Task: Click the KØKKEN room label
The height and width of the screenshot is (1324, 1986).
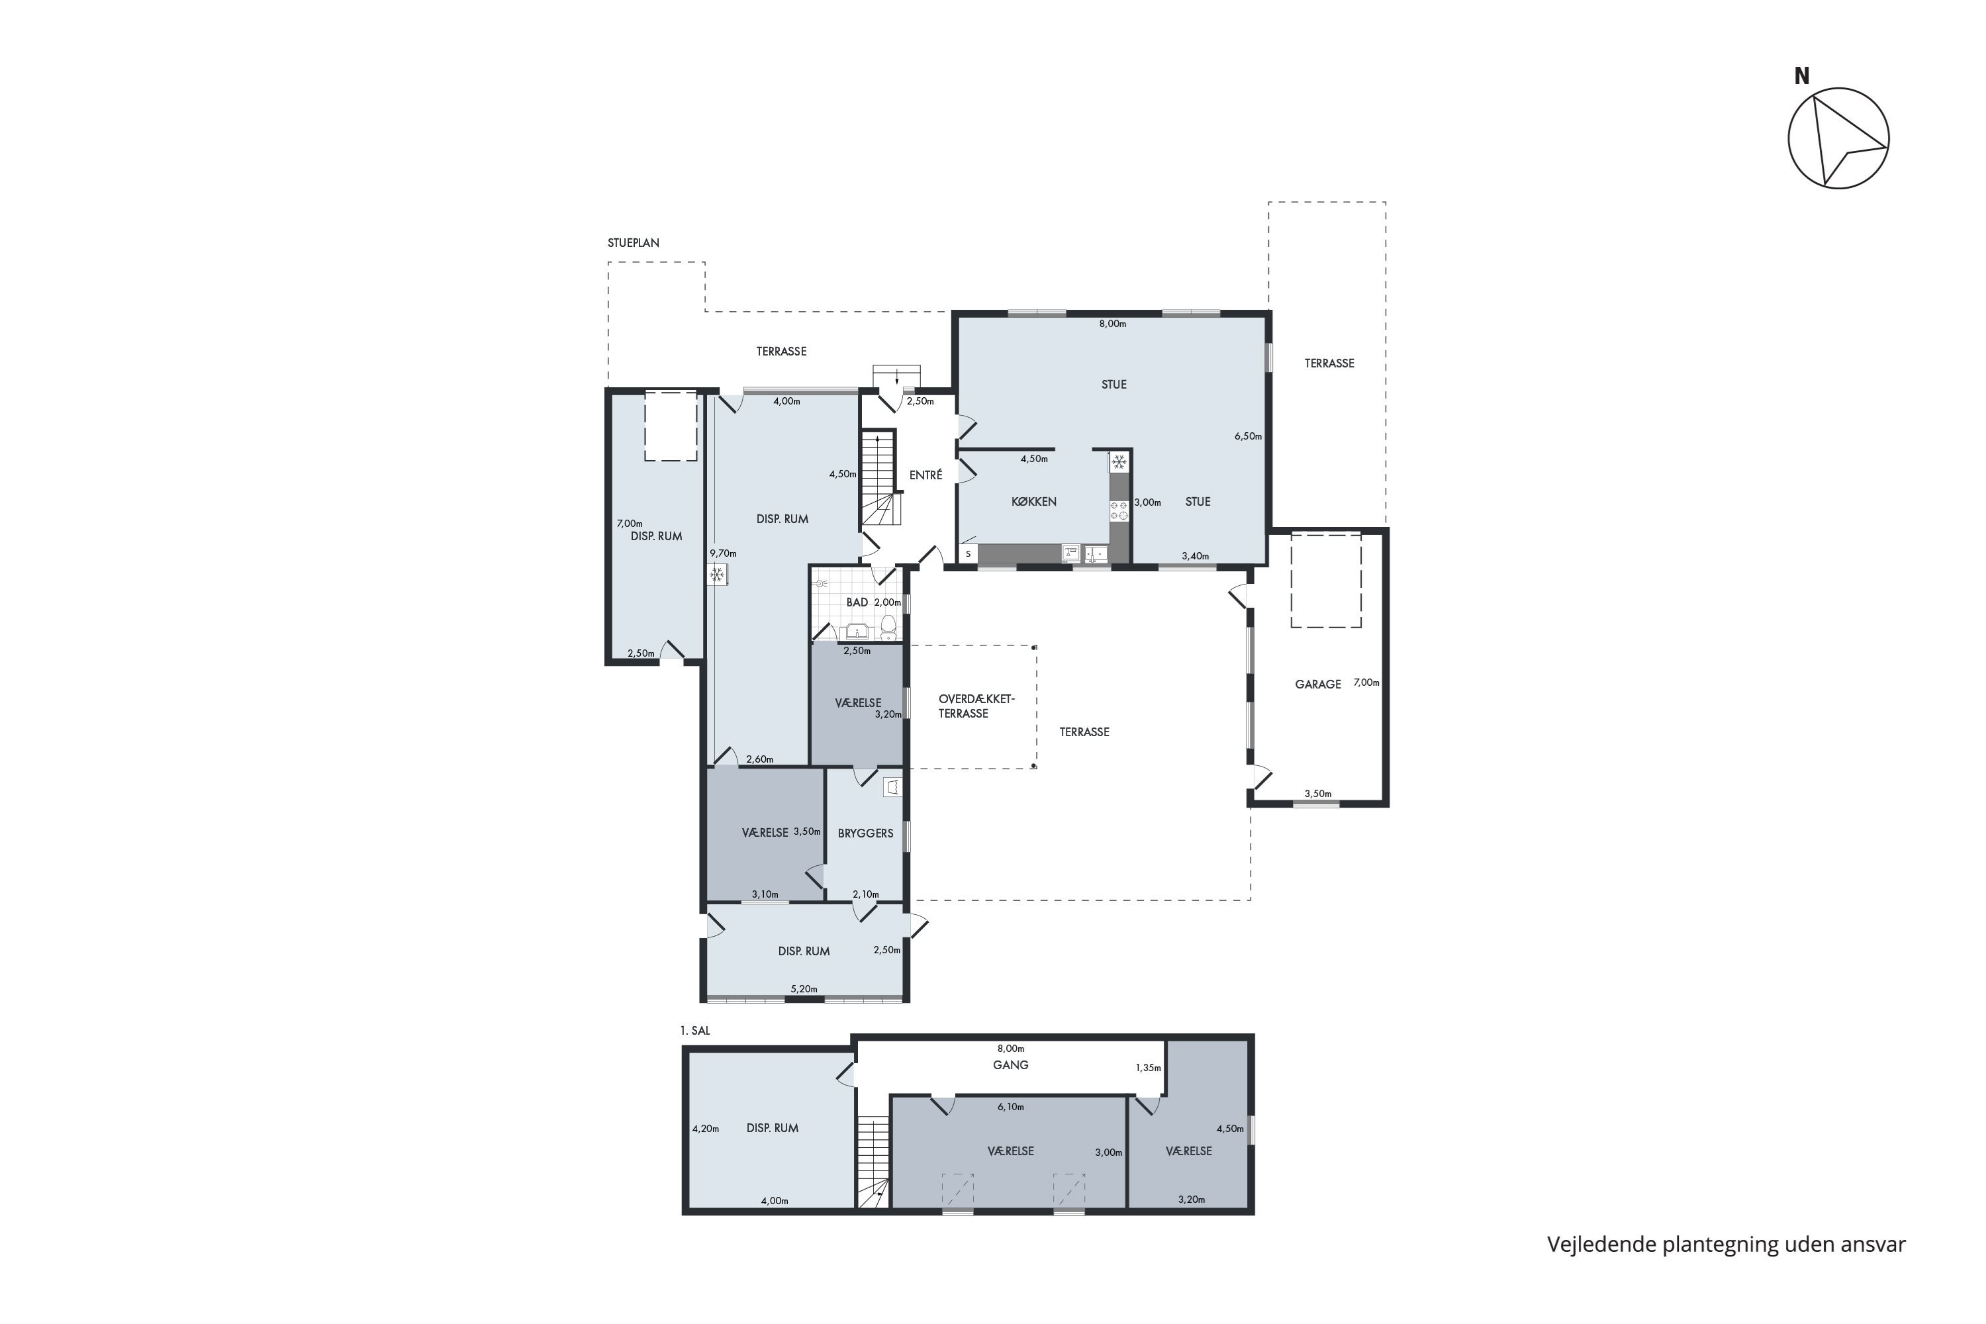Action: [1033, 502]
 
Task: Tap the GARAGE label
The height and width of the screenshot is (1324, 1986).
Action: [1317, 684]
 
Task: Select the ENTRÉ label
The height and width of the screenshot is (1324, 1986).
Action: [925, 475]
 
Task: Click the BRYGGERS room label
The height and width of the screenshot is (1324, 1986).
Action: [865, 833]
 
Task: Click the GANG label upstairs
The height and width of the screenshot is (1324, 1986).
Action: [1010, 1064]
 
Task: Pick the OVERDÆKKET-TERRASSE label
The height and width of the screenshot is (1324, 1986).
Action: [976, 706]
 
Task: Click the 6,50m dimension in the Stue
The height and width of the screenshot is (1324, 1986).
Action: [1248, 436]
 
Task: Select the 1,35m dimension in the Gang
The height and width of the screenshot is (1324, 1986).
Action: [1149, 1068]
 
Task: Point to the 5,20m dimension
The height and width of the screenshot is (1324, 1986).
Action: [804, 989]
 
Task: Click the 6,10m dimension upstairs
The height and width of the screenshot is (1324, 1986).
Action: [1010, 1107]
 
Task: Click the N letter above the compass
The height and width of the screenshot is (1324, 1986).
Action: [1801, 76]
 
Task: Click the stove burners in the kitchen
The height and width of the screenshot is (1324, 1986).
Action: [1119, 510]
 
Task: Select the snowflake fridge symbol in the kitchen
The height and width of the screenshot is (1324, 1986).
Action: [1119, 462]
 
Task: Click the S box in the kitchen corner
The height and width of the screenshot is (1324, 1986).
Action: [969, 554]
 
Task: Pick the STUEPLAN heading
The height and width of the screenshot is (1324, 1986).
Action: [634, 243]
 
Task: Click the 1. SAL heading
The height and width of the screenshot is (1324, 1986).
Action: [695, 1031]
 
